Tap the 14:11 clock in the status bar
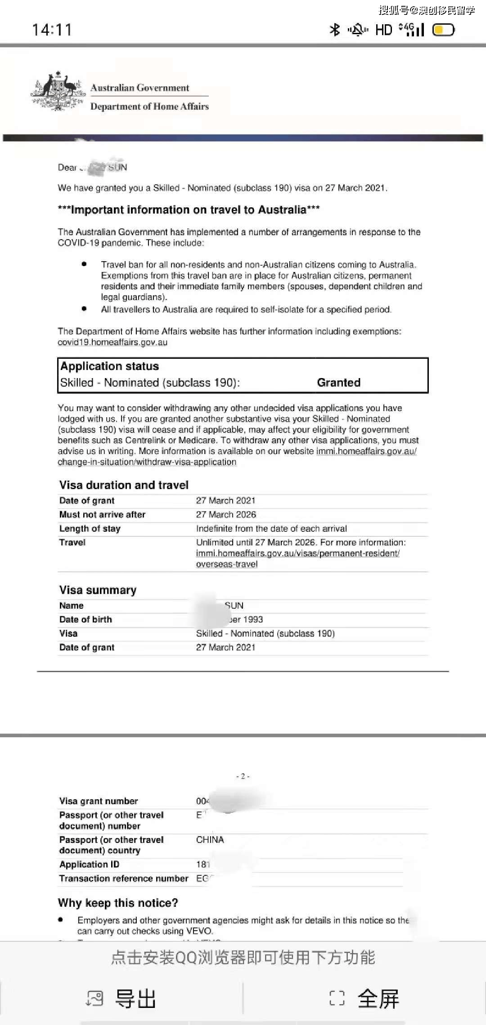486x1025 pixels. point(52,30)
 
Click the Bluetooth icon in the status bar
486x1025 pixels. point(335,30)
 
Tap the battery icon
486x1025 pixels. point(443,30)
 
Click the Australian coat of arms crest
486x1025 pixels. point(58,91)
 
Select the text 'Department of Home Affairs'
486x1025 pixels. point(149,107)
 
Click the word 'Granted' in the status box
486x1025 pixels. point(338,383)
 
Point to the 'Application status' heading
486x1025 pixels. point(109,366)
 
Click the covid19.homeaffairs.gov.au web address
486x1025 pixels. point(112,342)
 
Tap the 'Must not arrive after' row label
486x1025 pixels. point(102,515)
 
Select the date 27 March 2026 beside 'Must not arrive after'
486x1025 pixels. point(226,515)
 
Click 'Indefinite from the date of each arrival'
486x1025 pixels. point(271,529)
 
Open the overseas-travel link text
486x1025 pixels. point(227,564)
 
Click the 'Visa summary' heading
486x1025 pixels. point(98,590)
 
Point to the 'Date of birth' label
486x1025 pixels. point(85,619)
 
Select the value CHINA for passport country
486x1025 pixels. point(210,840)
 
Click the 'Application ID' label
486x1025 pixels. point(89,865)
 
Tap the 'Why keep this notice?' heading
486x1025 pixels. point(118,903)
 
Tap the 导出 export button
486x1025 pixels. point(121,998)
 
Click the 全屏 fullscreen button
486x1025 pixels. point(364,998)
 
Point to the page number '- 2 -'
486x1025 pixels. point(243,776)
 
